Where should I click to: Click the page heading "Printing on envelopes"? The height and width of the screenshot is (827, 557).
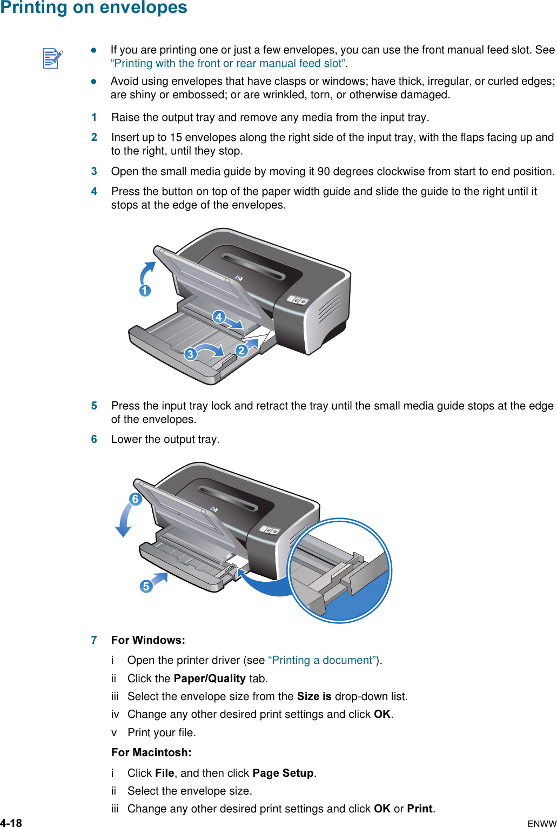94,8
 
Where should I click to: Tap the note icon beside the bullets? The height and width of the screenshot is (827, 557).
52,58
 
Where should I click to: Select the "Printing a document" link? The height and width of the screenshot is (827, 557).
322,660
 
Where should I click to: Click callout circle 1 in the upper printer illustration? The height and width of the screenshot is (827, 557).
145,291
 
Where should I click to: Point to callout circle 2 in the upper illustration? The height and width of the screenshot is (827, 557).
241,351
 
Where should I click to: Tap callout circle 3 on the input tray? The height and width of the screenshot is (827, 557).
190,354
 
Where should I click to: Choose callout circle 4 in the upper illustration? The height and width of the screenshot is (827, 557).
218,317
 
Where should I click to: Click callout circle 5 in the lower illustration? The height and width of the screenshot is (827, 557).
145,586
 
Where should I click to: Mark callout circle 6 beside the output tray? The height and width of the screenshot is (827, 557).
135,499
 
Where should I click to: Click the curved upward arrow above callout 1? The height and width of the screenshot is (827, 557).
147,272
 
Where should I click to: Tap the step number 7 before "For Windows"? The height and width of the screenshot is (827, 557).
94,640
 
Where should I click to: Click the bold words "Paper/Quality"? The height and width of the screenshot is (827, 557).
210,678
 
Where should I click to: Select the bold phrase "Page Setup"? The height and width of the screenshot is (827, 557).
283,773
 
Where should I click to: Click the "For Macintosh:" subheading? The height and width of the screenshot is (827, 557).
151,752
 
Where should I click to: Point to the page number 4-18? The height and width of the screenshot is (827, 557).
11,823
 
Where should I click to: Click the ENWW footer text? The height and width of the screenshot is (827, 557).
541,824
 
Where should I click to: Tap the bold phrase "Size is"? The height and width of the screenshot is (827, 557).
314,696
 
